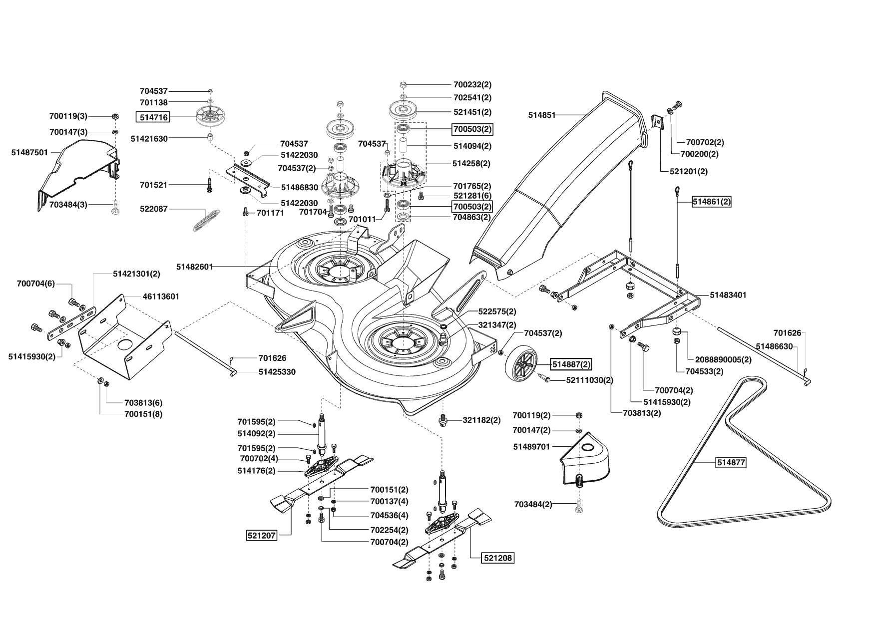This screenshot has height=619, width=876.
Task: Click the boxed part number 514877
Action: point(731,463)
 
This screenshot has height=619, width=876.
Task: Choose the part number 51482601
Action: point(194,267)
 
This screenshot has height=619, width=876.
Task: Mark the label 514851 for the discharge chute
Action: point(542,115)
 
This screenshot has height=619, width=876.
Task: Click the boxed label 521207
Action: point(262,536)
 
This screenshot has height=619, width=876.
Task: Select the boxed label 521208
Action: point(498,558)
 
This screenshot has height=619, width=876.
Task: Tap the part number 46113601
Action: point(161,297)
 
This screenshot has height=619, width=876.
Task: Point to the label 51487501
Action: point(29,152)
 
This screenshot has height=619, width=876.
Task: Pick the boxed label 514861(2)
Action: point(711,202)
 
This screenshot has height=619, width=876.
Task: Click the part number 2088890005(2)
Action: point(723,359)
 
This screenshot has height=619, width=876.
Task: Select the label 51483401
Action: point(728,295)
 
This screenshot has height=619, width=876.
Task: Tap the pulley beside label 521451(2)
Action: point(404,110)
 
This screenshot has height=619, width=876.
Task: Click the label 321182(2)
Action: point(481,420)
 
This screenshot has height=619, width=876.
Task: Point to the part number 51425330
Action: point(277,372)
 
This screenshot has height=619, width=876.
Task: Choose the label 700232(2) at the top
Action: point(472,85)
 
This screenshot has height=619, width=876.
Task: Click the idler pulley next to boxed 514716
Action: point(210,118)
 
